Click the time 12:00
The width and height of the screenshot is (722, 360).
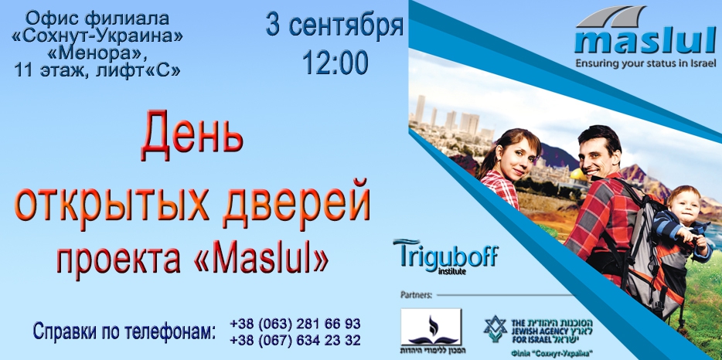click(335, 63)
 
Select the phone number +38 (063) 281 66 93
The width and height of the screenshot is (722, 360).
click(295, 323)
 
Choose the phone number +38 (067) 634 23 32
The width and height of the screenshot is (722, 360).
click(295, 339)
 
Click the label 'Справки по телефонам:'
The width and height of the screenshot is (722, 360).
click(124, 332)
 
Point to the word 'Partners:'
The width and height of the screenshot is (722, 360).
click(418, 294)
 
